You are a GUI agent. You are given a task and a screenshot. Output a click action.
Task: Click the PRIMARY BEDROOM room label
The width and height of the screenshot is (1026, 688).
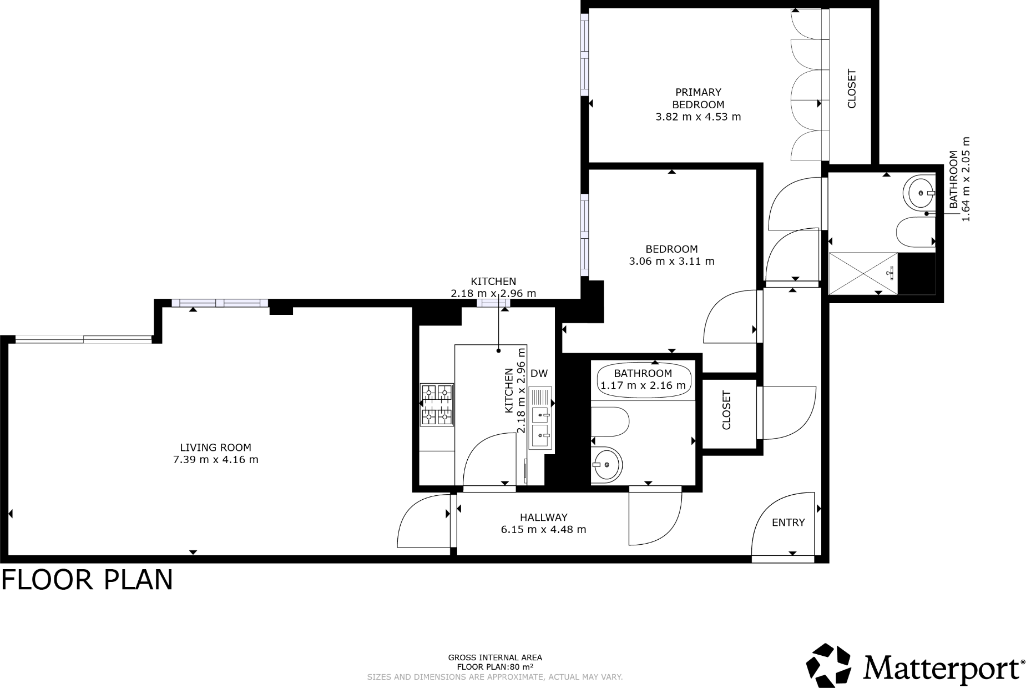pyautogui.click(x=698, y=98)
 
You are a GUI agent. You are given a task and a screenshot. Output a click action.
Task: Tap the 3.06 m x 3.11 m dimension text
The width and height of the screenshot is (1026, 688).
pyautogui.click(x=671, y=262)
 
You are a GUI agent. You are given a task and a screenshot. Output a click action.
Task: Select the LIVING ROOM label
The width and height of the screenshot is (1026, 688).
pyautogui.click(x=215, y=448)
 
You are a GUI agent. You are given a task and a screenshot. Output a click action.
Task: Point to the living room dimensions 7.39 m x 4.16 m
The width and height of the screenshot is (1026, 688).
pyautogui.click(x=215, y=460)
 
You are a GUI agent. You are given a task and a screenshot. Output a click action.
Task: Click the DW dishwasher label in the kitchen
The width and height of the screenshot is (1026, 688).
pyautogui.click(x=538, y=374)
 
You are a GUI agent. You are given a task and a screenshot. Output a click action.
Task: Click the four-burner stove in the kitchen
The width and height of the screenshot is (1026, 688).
pyautogui.click(x=437, y=405)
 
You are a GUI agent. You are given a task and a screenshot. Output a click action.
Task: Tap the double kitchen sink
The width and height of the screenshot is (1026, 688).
pyautogui.click(x=540, y=426)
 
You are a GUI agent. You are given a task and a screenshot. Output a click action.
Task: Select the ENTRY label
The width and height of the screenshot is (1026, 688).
pyautogui.click(x=788, y=523)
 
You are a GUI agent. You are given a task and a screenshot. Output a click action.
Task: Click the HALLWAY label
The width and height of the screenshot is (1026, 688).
pyautogui.click(x=543, y=518)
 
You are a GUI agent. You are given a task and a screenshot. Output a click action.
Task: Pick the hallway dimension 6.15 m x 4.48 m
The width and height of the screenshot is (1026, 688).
pyautogui.click(x=543, y=530)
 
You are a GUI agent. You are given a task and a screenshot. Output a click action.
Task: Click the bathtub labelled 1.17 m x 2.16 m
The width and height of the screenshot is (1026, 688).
pyautogui.click(x=643, y=380)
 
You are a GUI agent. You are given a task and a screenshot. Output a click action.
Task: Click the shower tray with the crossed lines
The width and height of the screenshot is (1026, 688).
pyautogui.click(x=862, y=273)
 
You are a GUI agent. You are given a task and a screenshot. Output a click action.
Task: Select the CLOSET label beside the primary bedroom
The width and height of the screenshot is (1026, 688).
pyautogui.click(x=852, y=89)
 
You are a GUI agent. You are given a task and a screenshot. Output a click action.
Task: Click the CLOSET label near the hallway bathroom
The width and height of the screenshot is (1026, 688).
pyautogui.click(x=726, y=410)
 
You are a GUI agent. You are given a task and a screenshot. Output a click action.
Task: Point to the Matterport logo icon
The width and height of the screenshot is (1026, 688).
pyautogui.click(x=828, y=665)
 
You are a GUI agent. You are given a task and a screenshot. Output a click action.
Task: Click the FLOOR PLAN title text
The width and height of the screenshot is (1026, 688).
pyautogui.click(x=87, y=580)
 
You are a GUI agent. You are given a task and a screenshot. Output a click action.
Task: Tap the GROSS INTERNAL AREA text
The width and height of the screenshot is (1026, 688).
pyautogui.click(x=495, y=657)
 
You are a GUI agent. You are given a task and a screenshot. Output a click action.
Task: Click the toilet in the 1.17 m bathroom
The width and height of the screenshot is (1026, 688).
pyautogui.click(x=609, y=423)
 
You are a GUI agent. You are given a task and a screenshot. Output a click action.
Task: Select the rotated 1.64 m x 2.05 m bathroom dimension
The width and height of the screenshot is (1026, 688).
pyautogui.click(x=966, y=179)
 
